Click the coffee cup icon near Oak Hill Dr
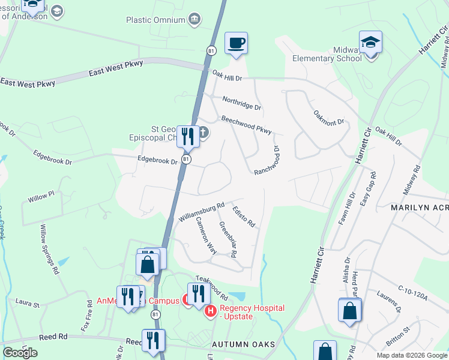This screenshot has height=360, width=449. (x=236, y=44)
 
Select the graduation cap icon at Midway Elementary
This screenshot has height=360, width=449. (x=370, y=44)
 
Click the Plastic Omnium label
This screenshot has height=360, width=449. (x=155, y=20)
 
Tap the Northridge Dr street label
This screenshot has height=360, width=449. (x=241, y=103)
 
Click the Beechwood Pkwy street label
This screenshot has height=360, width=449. (x=246, y=125)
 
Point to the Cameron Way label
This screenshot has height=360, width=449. (x=206, y=235)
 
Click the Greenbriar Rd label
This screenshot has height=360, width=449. (x=228, y=240)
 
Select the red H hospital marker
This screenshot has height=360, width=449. (x=211, y=311)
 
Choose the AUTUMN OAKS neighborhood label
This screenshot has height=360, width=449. (x=243, y=344)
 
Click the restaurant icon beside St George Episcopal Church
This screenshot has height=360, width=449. (x=188, y=137)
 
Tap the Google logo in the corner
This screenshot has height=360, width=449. (x=20, y=353)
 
